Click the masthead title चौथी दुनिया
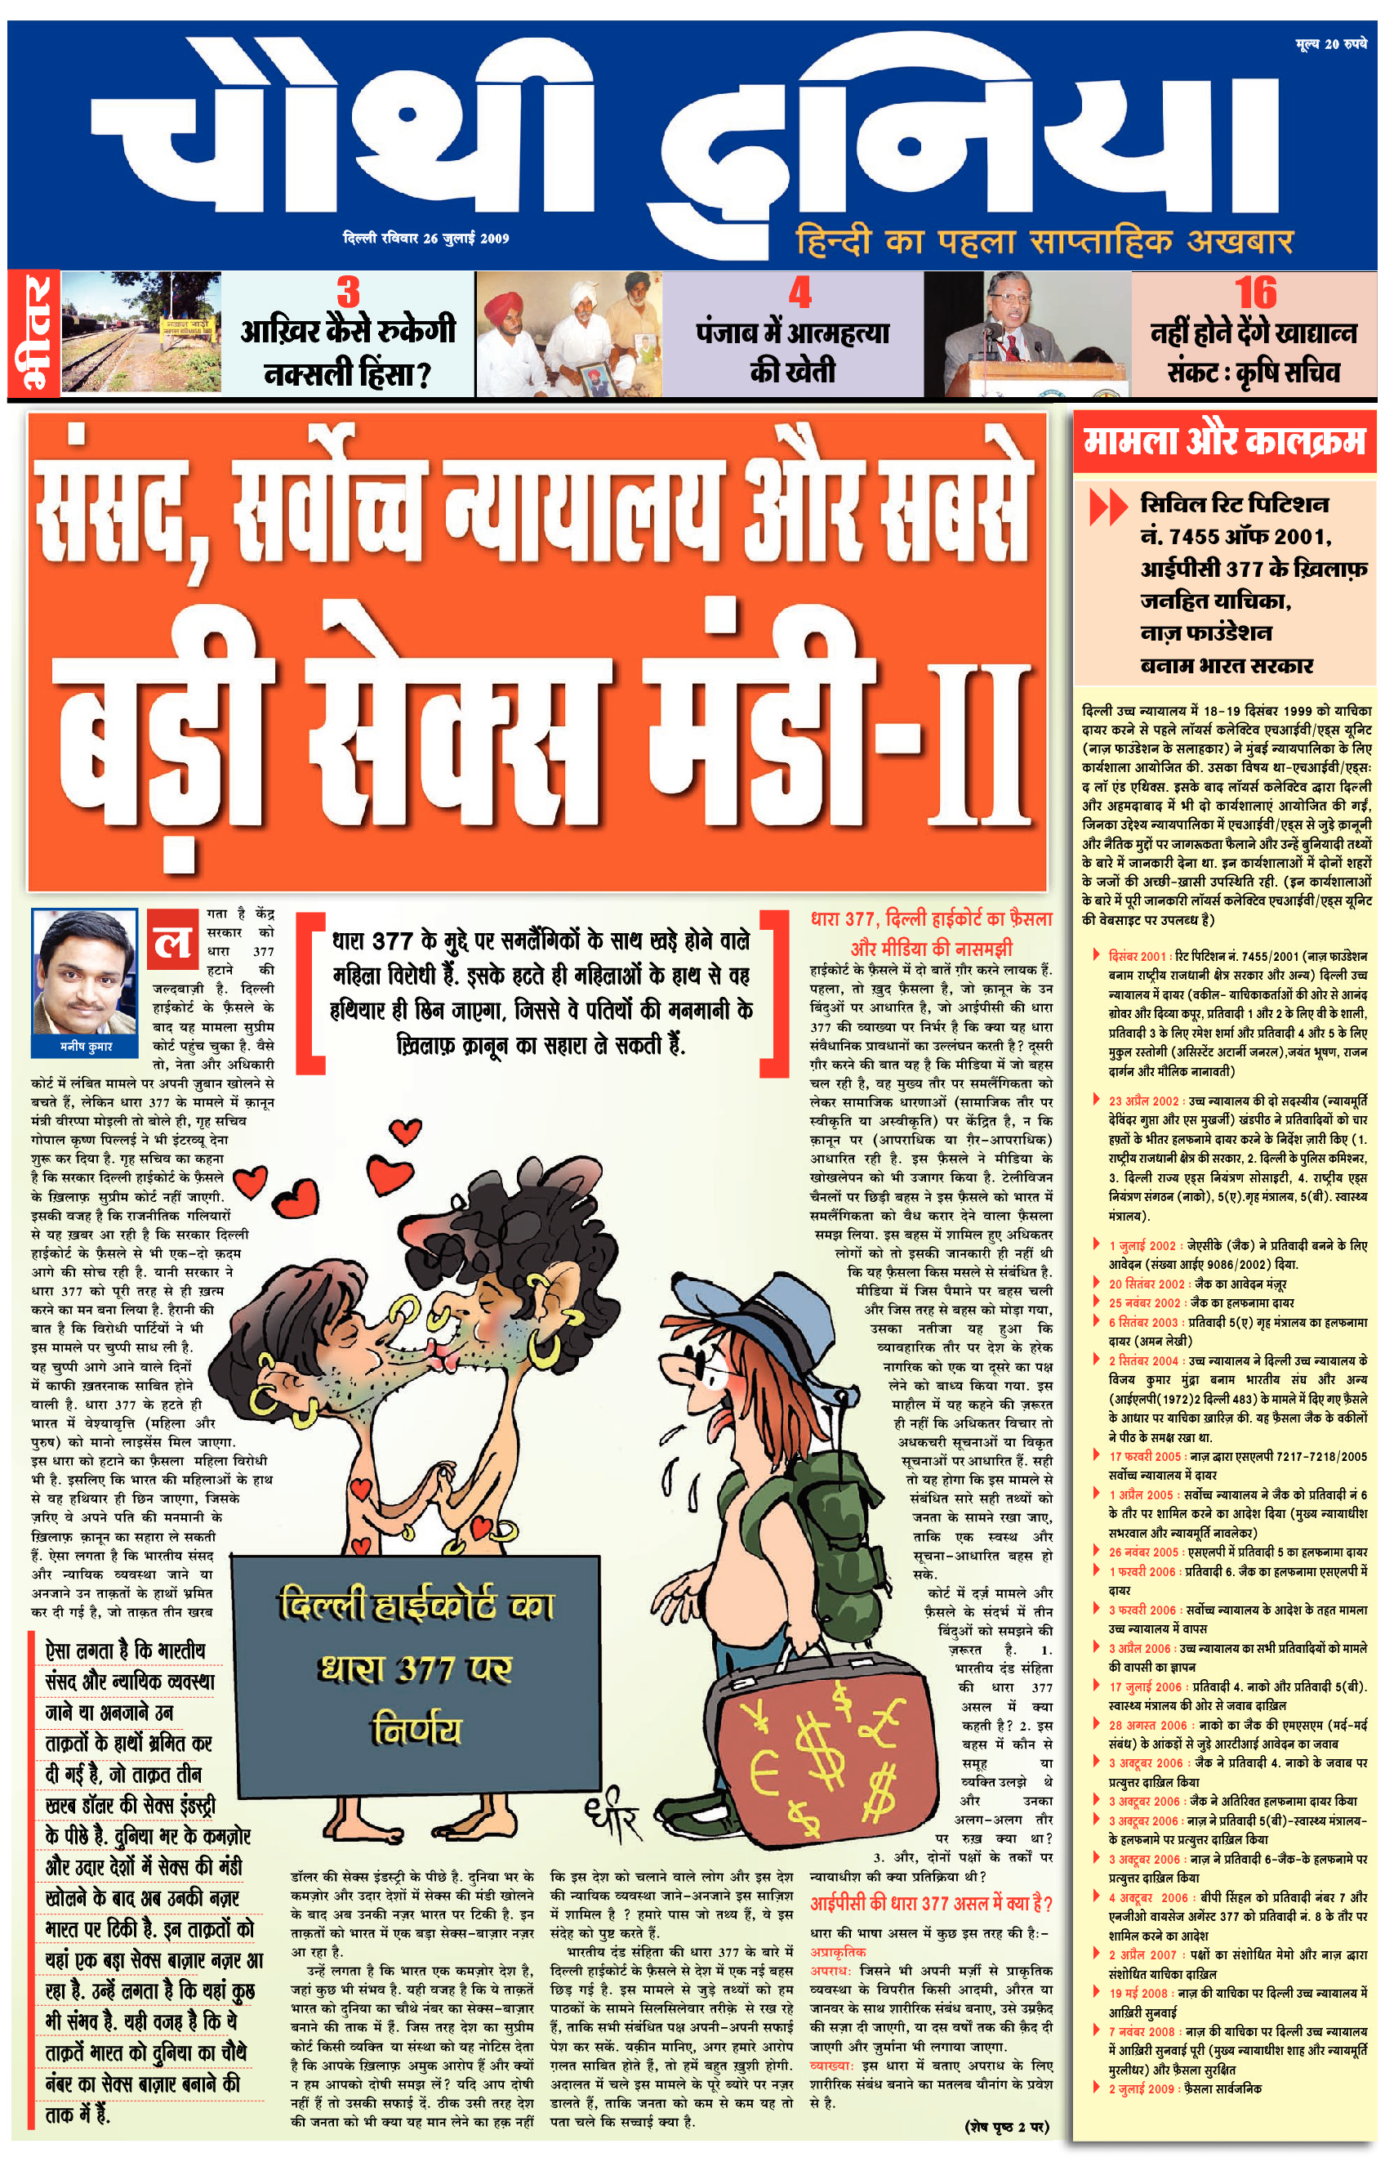pos(684,135)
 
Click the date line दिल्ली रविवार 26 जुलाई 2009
pos(426,239)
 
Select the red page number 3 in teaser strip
pos(348,293)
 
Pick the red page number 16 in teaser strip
pos(1255,293)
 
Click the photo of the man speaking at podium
pos(1039,333)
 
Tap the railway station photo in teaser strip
pos(141,333)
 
